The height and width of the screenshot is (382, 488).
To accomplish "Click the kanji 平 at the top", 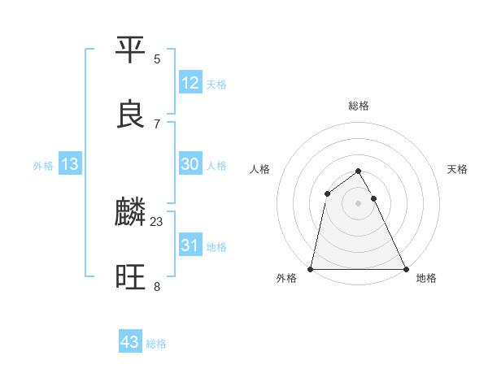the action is point(131,51).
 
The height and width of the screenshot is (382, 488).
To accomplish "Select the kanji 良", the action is point(131,115).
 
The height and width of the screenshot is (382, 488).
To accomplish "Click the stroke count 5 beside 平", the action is point(157,59).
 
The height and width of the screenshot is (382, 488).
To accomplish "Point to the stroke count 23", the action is point(157,221).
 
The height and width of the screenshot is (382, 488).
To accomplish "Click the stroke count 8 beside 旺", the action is point(157,286).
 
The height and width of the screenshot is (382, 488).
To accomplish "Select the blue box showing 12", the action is point(190,83).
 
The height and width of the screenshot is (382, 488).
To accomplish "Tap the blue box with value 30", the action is point(190,164).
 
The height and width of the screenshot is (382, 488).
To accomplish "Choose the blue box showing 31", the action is point(190,245).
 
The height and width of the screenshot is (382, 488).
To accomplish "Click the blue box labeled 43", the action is point(130,342).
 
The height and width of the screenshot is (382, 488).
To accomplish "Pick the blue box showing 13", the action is point(70,164).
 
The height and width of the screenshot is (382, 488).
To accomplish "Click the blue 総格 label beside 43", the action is point(156,344).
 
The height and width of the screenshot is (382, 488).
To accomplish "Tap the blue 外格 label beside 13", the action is point(43,166).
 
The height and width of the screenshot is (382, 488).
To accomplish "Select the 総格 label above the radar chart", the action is point(359,106).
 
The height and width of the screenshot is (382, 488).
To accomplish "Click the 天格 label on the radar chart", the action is point(458,169).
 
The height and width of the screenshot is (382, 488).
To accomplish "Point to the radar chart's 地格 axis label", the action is point(426,278).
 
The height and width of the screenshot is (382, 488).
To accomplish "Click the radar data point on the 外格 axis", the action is point(311,269).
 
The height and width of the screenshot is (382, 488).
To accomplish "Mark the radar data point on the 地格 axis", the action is point(405,269).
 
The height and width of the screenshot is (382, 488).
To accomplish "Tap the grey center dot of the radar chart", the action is point(359,203).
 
